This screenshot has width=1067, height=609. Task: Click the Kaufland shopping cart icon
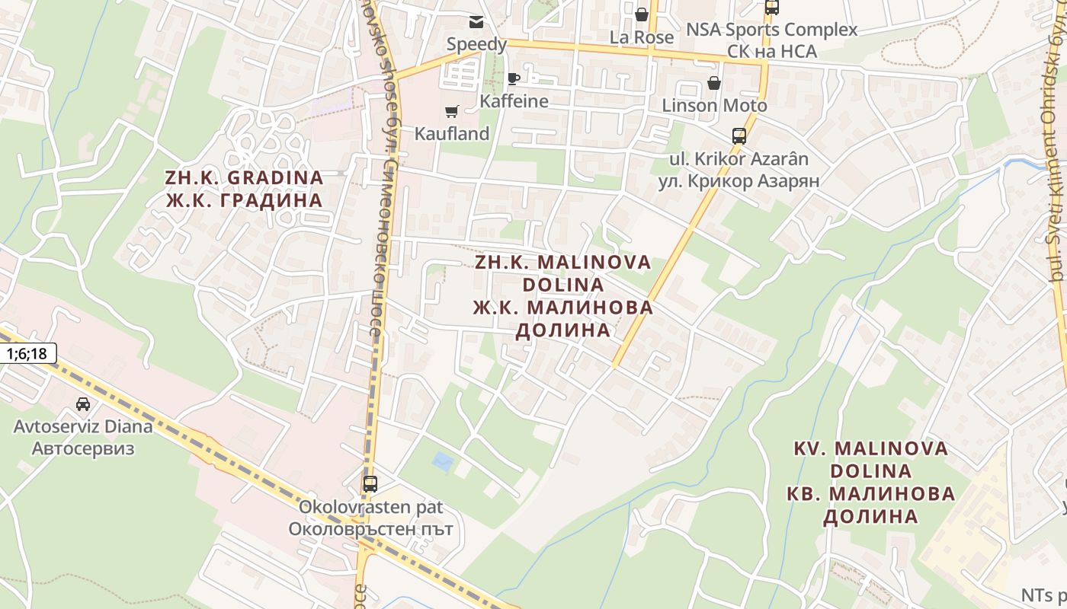pos(451,112)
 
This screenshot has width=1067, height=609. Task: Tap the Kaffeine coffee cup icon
pos(514,79)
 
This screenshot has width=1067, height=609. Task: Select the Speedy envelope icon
pos(476,22)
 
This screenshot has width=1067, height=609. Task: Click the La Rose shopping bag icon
pos(642,14)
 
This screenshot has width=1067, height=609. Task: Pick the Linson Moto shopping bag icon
pos(714,83)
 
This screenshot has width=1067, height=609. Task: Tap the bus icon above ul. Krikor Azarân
pos(739,136)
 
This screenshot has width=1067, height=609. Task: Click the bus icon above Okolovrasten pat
pos(370,483)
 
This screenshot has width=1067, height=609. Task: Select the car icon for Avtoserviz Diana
pos(83,404)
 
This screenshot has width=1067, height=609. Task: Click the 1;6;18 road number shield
pos(27,353)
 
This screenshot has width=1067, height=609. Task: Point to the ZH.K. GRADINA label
pos(244,178)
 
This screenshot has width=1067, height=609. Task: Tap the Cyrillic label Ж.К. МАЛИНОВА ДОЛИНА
pos(563,318)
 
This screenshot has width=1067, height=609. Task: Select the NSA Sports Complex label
pos(772,30)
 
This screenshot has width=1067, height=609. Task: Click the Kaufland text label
pos(451,134)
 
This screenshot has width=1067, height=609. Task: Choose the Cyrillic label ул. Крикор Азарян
pos(739,181)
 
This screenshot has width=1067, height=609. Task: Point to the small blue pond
pos(441,461)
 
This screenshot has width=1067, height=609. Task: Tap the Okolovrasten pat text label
pos(370,507)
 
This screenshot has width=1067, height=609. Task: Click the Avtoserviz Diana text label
pos(83,426)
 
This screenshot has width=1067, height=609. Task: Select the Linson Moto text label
pos(714,105)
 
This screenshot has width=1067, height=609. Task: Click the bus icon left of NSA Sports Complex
pos(771,8)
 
